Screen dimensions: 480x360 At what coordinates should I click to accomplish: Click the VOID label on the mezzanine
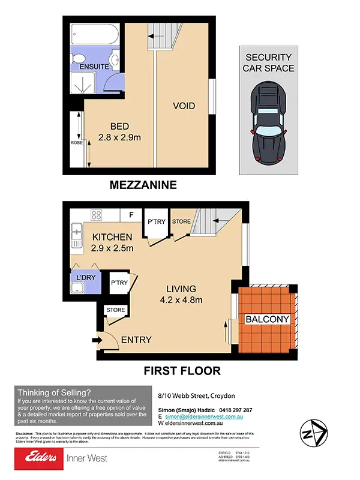tap(184, 106)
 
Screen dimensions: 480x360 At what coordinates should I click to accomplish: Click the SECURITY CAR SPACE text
tap(269, 62)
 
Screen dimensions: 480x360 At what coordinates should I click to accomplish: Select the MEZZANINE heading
tap(143, 185)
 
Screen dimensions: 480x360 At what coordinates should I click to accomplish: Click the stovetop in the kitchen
tap(97, 214)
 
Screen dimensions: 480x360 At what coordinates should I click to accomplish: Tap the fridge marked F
tap(131, 214)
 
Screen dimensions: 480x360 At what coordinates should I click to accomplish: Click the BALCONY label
tap(268, 319)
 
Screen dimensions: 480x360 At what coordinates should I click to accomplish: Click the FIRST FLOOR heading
tap(182, 371)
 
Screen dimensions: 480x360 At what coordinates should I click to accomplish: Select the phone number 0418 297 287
tap(236, 410)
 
